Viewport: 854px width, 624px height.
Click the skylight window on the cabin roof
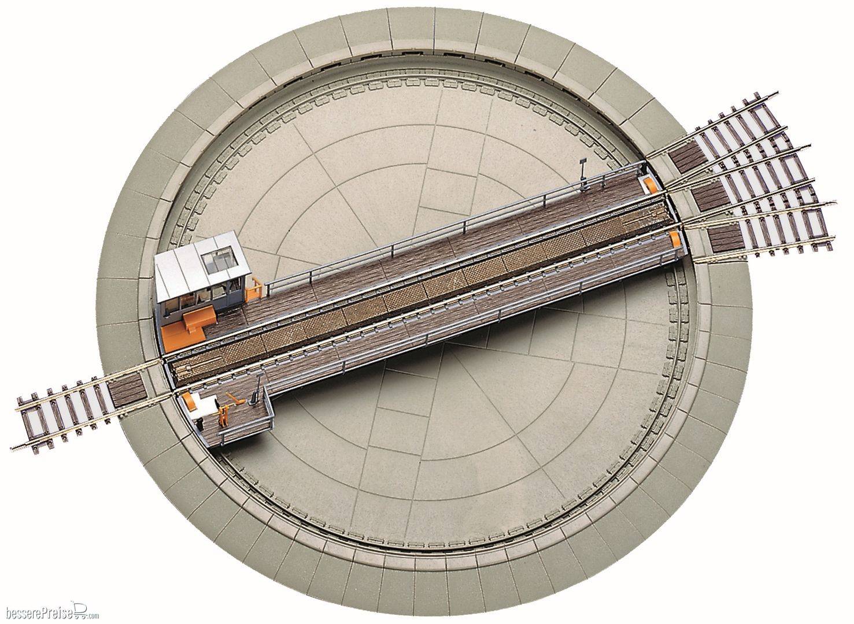tap(219, 260)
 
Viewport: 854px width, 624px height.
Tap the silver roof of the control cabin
tap(201, 266)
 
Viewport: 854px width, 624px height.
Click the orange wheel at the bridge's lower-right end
tap(674, 240)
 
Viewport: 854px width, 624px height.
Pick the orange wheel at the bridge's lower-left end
tap(188, 402)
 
